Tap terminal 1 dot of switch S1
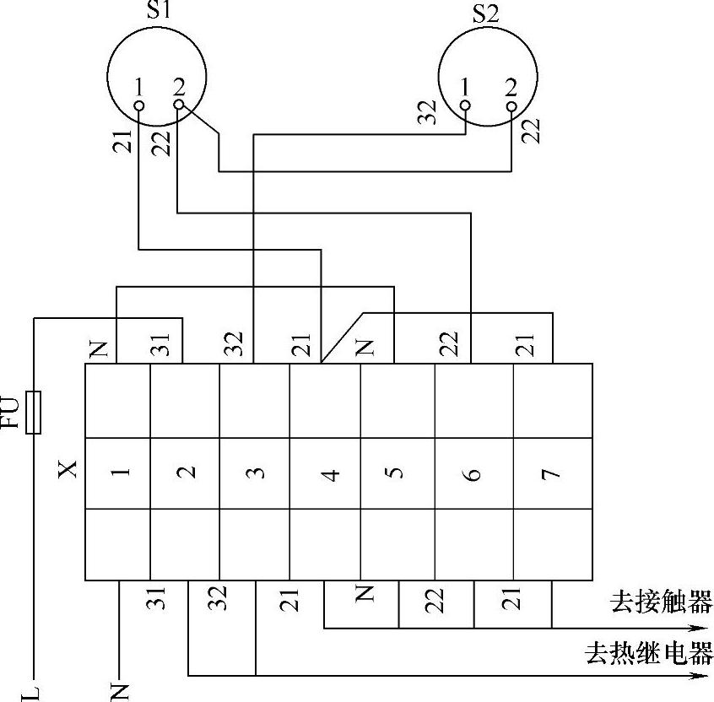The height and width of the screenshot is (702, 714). click(x=139, y=105)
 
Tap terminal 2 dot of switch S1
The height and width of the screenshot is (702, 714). click(x=178, y=105)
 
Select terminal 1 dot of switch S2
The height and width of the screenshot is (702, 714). click(x=465, y=105)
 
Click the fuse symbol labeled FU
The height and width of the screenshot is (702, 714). click(x=34, y=413)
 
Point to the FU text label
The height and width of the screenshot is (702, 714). click(x=12, y=413)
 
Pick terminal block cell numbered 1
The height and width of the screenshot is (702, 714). click(x=118, y=472)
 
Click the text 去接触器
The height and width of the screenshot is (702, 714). click(x=661, y=602)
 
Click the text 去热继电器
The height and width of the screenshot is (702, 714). click(x=648, y=653)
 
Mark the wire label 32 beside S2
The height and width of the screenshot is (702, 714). click(x=430, y=113)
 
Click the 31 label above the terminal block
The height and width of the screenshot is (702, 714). click(x=163, y=344)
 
